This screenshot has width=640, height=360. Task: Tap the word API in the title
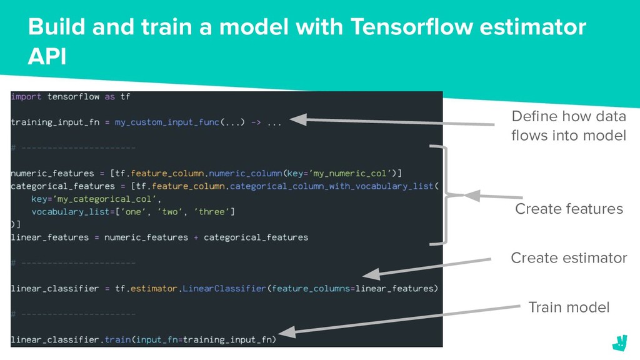(x=47, y=56)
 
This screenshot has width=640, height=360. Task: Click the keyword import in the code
(x=26, y=97)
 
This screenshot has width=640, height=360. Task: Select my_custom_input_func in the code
(x=167, y=122)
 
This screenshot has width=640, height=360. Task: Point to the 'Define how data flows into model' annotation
(x=569, y=126)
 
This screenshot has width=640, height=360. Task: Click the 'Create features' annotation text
(x=569, y=209)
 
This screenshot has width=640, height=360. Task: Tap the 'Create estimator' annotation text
(x=569, y=257)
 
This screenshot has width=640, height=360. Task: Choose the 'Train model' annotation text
(x=569, y=307)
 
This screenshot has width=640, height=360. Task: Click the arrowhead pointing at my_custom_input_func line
(x=298, y=119)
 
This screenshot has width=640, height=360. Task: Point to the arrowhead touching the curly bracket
(x=472, y=196)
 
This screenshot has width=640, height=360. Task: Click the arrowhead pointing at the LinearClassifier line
(x=371, y=274)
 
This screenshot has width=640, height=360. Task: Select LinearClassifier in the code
(x=224, y=289)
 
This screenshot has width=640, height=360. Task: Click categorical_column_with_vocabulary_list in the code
(x=331, y=186)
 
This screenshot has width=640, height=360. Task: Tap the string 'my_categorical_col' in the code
(x=104, y=199)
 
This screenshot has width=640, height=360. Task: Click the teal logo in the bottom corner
(x=619, y=343)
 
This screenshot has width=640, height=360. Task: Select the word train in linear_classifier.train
(x=117, y=339)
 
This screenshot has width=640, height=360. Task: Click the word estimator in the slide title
(x=532, y=27)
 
